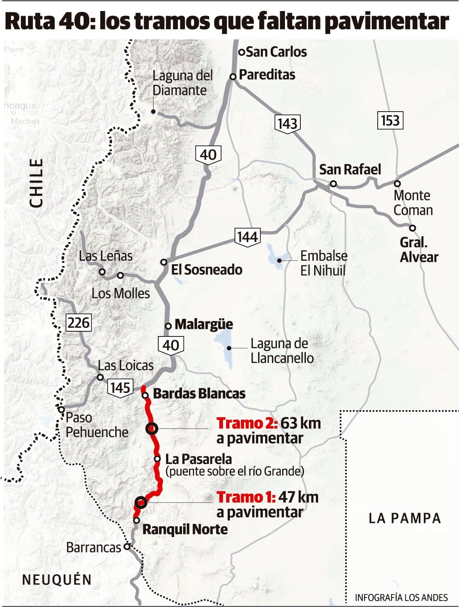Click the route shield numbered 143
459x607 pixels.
point(287,123)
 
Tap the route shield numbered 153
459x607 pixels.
point(390,120)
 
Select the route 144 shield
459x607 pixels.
point(247,237)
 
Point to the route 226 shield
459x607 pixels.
point(79,323)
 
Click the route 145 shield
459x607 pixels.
point(120,387)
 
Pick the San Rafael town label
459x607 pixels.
point(350,170)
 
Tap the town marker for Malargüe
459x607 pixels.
point(168,326)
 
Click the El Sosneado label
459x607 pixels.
point(206,270)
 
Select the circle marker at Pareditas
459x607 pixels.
point(233,77)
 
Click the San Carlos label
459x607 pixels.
point(276,52)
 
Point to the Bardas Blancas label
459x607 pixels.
point(199,393)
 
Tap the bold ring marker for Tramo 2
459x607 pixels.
point(152,428)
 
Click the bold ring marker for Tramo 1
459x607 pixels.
point(141,502)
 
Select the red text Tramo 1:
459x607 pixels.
point(245,497)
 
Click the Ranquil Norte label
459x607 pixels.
point(185,529)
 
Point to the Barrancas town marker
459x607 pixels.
point(127,547)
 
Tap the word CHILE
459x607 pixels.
point(37,183)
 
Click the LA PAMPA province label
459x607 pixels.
point(405,518)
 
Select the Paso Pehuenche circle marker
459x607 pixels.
point(62,409)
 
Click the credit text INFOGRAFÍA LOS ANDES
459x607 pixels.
point(401,597)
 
